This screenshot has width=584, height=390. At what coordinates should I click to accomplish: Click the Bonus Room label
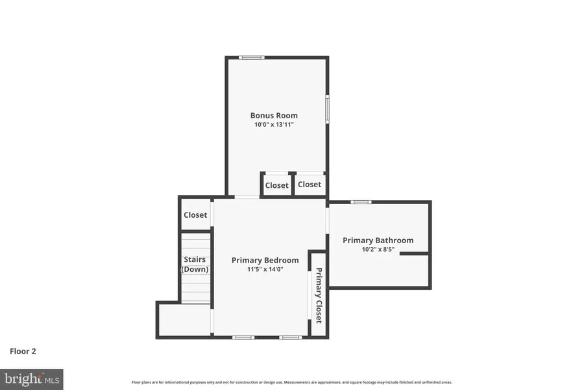pos(274,116)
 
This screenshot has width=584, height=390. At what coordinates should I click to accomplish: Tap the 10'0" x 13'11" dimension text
pos(274,124)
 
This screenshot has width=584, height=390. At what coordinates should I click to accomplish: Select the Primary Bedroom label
pos(265,260)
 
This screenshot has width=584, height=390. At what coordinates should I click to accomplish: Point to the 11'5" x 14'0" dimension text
pos(265,269)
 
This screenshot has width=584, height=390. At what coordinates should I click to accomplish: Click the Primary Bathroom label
pos(378,240)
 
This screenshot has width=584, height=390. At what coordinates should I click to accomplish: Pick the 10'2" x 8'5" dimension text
pos(378,249)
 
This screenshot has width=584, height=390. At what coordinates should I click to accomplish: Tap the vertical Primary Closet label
pos(319,296)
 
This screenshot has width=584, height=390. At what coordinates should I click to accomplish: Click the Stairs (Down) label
pos(195,265)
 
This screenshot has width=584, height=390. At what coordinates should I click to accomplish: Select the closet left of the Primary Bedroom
pos(195,214)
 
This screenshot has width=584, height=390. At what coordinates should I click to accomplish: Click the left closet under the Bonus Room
pos(276,185)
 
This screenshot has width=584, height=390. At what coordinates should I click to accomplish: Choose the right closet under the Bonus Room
pos(310,185)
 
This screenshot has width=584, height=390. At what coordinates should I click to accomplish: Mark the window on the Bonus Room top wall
pos(251,58)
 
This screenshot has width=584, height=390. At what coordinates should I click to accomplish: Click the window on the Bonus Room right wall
pos(327,109)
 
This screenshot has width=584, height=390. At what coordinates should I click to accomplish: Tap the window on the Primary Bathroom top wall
pos(361,202)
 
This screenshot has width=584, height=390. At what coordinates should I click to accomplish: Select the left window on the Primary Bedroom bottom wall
pos(243,337)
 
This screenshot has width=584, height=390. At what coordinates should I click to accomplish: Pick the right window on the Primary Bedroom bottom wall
pos(290,337)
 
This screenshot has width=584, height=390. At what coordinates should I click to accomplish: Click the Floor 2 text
pos(23,352)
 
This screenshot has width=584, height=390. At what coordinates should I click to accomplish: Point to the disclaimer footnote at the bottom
pos(292,382)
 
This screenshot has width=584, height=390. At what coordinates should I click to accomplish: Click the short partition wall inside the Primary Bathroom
pos(414,253)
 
